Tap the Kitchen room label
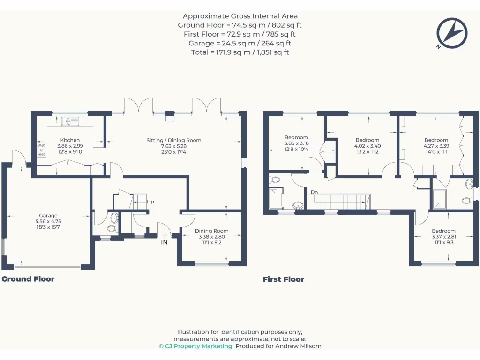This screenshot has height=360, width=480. [x=70, y=140]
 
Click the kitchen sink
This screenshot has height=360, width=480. [x=70, y=121]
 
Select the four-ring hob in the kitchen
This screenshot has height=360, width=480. [x=42, y=150]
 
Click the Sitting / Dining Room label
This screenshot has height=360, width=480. [x=174, y=140]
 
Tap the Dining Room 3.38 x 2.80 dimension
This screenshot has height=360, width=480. [x=211, y=237]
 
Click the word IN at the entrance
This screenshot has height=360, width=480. [x=164, y=242]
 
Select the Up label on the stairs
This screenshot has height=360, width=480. [x=150, y=202]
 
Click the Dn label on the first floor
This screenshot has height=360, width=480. [x=314, y=192]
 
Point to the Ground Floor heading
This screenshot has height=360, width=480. [x=28, y=279]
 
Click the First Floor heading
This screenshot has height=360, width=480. [x=283, y=279]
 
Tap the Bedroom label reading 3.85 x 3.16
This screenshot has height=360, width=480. [x=296, y=137]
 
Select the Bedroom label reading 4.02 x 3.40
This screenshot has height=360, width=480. [x=367, y=140]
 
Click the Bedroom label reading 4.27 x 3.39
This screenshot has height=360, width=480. [x=436, y=140]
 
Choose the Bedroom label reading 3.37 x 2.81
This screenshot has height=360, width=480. [x=443, y=231]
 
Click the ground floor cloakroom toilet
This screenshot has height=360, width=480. [x=112, y=228]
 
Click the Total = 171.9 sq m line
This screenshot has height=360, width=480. [x=240, y=52]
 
